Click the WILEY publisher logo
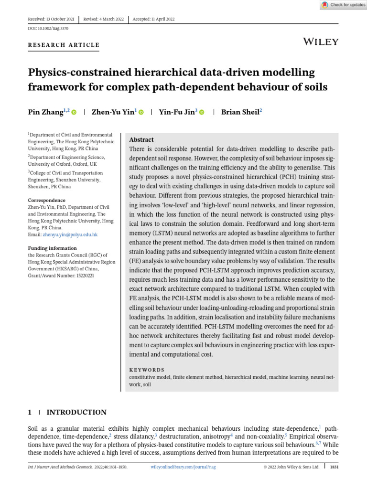pos(321,42)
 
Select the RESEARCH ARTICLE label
pos(64,45)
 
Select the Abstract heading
pos(141,140)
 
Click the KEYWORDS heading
pos(147,370)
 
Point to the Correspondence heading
pos(46,200)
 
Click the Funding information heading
pos(52,248)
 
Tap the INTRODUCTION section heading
pos(76,412)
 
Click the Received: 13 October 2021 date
pos(51,19)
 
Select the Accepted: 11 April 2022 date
pos(154,19)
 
